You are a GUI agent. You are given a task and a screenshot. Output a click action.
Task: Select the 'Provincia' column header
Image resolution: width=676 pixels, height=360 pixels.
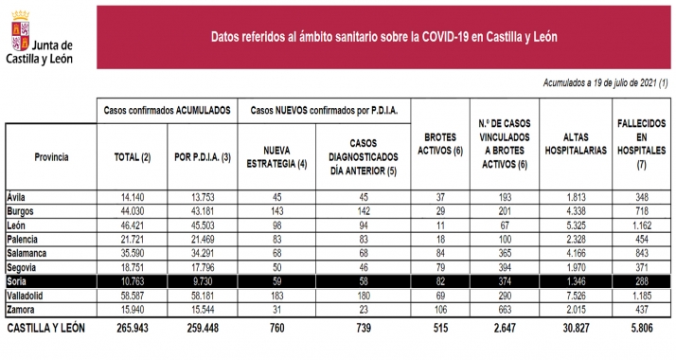pos(50,154)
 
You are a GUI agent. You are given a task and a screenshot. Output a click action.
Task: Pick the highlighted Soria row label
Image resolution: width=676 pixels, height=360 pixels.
pos(20,282)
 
